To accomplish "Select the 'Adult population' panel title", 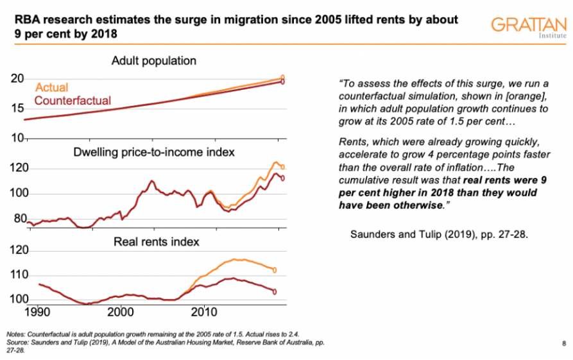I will point(154,62).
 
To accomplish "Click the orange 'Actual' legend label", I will point(52,87).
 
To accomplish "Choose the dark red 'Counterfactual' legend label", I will point(73,101).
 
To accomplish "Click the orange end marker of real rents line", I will point(275,270).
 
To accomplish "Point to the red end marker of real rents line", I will point(275,291).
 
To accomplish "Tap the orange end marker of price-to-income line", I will point(283,167).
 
